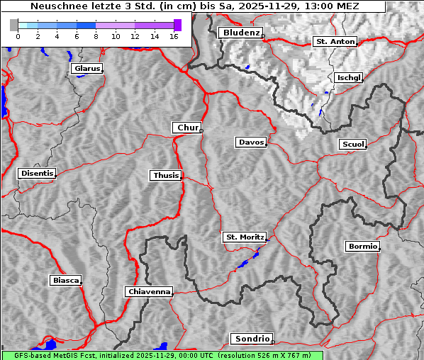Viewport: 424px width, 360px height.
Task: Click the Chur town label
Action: [187, 128]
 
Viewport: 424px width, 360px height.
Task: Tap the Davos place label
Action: [251, 142]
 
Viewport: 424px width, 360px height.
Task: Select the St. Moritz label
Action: [244, 237]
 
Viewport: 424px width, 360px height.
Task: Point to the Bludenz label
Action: [240, 33]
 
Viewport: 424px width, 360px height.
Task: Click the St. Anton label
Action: [335, 42]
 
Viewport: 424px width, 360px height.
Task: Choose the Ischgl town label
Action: [349, 77]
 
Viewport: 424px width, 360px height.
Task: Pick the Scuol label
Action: [352, 145]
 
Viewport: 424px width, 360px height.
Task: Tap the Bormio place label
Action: [362, 247]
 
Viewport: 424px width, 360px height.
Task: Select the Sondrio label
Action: [251, 339]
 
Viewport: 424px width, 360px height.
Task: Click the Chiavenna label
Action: [149, 291]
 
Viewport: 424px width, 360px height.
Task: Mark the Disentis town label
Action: [37, 173]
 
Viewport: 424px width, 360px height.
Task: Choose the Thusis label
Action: [166, 175]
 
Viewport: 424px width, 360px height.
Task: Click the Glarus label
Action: [86, 69]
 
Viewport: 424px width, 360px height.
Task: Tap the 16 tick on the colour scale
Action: [174, 35]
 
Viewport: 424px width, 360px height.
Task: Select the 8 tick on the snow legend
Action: [96, 35]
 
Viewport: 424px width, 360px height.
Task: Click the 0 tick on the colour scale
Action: [18, 35]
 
